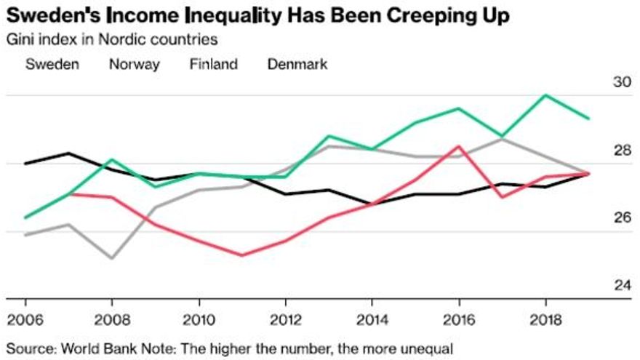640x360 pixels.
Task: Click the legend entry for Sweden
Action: click(52, 64)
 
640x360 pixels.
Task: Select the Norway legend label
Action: click(135, 64)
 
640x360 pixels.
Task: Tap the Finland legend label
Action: click(214, 64)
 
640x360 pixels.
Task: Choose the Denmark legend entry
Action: click(297, 64)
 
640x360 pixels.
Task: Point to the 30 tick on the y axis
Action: click(623, 83)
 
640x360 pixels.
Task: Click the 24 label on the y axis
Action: click(623, 285)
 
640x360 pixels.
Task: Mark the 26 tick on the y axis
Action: click(623, 218)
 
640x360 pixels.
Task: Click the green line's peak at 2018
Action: click(546, 95)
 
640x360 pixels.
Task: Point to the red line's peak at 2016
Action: click(458, 145)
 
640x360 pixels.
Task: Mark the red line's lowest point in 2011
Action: click(241, 255)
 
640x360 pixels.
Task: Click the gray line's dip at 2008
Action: click(111, 258)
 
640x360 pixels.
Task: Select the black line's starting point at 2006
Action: click(25, 164)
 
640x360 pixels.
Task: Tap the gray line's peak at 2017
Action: click(503, 138)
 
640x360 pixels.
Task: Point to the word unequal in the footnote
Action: click(428, 348)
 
